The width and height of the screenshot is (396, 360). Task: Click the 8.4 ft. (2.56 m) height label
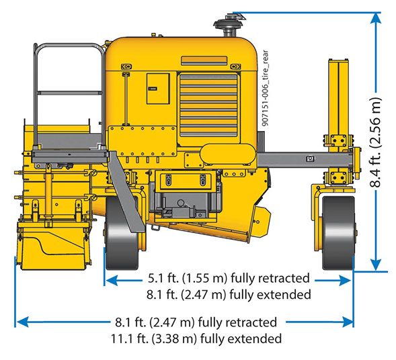pos(375,142)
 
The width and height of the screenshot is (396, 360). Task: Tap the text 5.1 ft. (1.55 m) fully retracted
pos(229,278)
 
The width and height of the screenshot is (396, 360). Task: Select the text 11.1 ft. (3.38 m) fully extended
pos(196,339)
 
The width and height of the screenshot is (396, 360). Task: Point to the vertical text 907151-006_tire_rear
pos(265,88)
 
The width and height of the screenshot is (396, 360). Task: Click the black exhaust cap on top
pos(228,24)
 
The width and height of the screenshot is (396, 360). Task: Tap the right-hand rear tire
pos(339,232)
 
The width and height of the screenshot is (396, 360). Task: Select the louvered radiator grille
pos(208,105)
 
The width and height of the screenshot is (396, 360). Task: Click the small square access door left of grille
pos(158,89)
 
